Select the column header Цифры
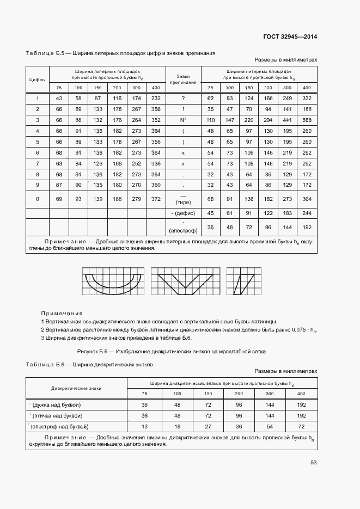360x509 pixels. pyautogui.click(x=37, y=80)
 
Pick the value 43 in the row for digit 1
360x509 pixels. pyautogui.click(x=59, y=98)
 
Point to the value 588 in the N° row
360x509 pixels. pyautogui.click(x=307, y=120)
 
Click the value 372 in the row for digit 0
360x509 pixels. pyautogui.click(x=156, y=199)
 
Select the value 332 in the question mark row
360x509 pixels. pyautogui.click(x=307, y=98)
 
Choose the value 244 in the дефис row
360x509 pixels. pyautogui.click(x=307, y=213)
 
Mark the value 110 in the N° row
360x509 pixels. pyautogui.click(x=211, y=120)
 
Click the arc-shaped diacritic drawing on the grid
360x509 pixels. pyautogui.click(x=113, y=281)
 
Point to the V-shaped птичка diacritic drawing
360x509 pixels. pyautogui.click(x=185, y=281)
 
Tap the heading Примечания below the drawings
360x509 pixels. pyautogui.click(x=62, y=313)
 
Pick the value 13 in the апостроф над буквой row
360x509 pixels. pyautogui.click(x=144, y=426)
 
